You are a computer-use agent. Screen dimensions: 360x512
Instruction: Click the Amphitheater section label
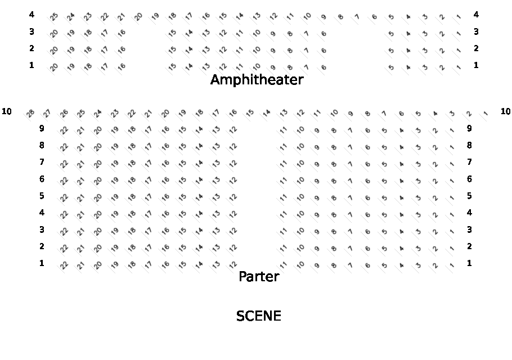pos(257,80)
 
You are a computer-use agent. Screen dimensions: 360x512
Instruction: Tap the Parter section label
pos(259,277)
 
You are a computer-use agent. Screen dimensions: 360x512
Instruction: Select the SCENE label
pos(259,316)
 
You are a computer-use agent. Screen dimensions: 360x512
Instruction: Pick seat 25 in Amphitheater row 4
pos(54,17)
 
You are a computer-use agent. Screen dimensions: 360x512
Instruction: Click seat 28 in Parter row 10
pos(30,113)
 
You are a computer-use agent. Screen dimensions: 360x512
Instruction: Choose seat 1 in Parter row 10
pos(486,113)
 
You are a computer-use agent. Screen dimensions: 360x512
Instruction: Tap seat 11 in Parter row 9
pos(284,130)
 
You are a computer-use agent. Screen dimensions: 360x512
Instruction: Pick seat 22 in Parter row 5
pos(64,197)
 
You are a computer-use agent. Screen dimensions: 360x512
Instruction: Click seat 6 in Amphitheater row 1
pos(324,67)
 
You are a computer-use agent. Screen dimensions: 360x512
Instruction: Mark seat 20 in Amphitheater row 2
pos(54,51)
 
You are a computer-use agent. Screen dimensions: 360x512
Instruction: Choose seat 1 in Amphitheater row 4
pos(459,17)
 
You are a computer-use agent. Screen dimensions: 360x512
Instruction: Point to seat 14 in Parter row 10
pos(267,113)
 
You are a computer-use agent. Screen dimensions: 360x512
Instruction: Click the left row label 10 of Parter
pos(7,111)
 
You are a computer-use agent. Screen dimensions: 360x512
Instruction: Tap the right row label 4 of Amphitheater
pos(476,15)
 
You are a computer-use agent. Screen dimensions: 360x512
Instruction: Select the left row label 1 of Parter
pos(42,263)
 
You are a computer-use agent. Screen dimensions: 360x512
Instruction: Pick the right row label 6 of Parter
pos(469,179)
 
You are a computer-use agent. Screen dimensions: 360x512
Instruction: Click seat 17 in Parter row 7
pos(149,164)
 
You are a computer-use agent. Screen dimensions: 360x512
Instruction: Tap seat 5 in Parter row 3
pos(385,231)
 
